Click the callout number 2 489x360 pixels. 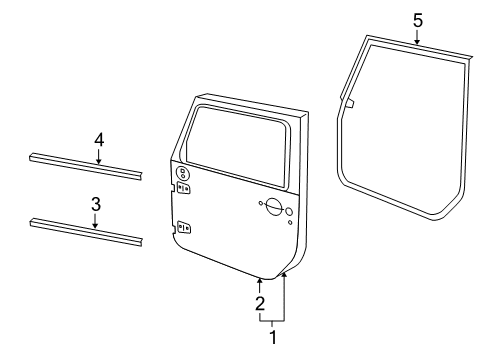(259, 303)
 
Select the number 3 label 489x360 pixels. (95, 204)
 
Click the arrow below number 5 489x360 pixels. (418, 37)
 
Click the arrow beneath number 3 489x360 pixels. (95, 223)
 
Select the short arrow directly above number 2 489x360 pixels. (259, 285)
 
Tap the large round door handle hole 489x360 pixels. (271, 207)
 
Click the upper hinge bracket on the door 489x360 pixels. (185, 187)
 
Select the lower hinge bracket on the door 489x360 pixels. (183, 228)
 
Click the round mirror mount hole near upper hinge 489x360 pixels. (183, 173)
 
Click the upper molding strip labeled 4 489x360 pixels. (84, 162)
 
